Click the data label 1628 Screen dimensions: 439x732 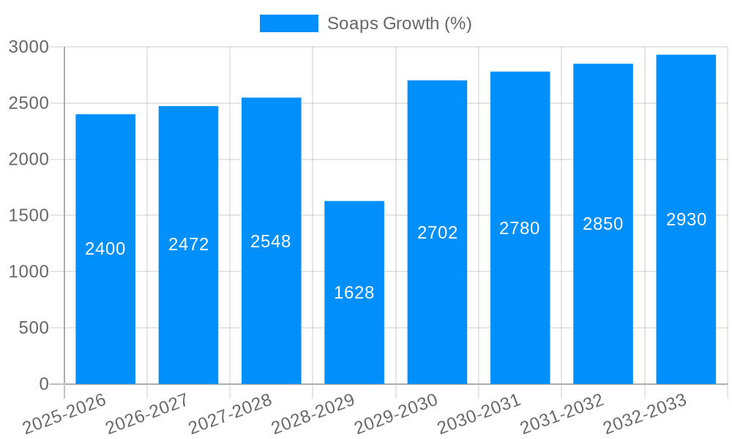pos(354,293)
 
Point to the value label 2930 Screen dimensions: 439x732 pos(686,219)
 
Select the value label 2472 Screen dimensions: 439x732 pos(188,244)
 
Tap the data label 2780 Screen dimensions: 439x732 pos(520,228)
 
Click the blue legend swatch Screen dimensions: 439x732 pos(288,23)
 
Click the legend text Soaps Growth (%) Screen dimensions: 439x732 pos(399,23)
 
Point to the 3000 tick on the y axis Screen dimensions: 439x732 pos(29,47)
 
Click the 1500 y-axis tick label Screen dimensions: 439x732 pos(29,216)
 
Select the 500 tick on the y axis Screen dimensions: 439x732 pos(34,328)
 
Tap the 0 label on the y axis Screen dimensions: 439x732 pos(44,384)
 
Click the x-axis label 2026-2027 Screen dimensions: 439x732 pos(147,414)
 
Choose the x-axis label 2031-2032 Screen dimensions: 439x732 pos(561,414)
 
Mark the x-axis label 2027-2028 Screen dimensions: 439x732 pos(230,414)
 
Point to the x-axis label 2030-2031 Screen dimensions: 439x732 pos(479,414)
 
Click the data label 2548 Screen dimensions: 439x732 pos(271,241)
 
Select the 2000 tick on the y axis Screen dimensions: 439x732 pos(29,160)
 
